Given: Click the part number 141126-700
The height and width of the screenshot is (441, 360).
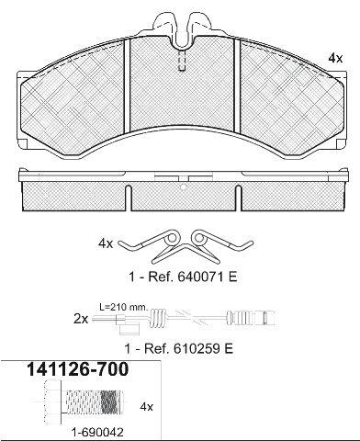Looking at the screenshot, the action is pos(78,369).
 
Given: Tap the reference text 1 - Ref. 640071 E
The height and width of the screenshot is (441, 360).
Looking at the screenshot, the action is pos(183,277).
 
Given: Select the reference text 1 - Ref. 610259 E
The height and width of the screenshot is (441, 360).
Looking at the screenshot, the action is pos(179,348).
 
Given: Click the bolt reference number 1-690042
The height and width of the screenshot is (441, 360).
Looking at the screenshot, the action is pos(97,433).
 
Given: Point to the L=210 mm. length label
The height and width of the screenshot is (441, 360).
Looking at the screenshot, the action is pos(124,307).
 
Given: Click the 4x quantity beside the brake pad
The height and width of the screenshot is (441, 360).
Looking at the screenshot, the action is pos(335,58).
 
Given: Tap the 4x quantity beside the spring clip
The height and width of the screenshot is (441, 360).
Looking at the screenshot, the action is pos(106,243).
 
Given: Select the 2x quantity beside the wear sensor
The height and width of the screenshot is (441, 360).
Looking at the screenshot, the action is pos(81,320).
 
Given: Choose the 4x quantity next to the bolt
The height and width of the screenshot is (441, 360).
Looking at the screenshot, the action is pos(146,407).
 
